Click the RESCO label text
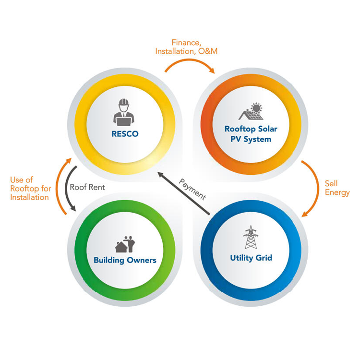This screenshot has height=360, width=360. coord(125,134)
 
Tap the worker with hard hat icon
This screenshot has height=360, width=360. coord(124,112)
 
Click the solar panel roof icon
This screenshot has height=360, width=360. coord(252,112)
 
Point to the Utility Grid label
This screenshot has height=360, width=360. coord(251,258)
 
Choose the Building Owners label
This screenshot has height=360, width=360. coord(125,260)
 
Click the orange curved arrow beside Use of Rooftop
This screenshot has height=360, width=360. coord(60,187)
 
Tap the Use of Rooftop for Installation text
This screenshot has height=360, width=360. coord(30,188)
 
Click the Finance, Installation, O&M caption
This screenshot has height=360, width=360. coord(186,47)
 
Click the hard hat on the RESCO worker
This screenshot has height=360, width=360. coord(124,102)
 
